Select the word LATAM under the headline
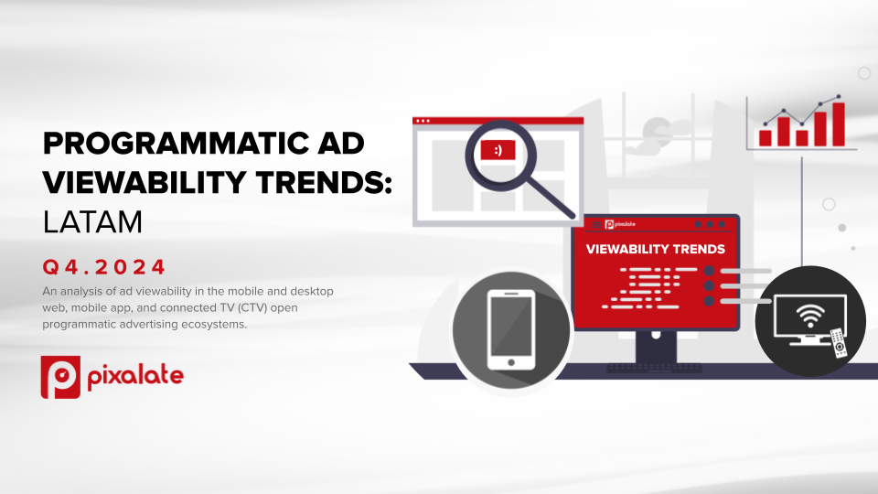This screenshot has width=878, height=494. click(92, 221)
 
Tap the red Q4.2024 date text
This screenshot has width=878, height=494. click(104, 266)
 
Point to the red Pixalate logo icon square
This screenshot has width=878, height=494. click(60, 377)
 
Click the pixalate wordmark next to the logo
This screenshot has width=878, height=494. click(135, 376)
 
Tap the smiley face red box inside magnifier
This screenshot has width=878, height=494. click(498, 150)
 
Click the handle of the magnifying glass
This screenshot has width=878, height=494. click(551, 199)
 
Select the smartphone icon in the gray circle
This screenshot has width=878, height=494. click(511, 330)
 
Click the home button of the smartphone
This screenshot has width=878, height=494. click(511, 362)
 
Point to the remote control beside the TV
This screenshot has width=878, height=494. click(839, 342)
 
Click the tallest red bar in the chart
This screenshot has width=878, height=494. click(839, 123)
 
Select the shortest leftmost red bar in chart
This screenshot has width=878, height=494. click(766, 138)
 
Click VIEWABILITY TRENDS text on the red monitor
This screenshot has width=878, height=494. click(655, 249)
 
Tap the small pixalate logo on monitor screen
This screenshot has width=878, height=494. click(620, 225)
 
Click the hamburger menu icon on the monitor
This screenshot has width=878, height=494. click(596, 225)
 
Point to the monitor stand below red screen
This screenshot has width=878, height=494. click(656, 347)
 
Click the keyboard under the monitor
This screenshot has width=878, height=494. click(655, 368)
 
